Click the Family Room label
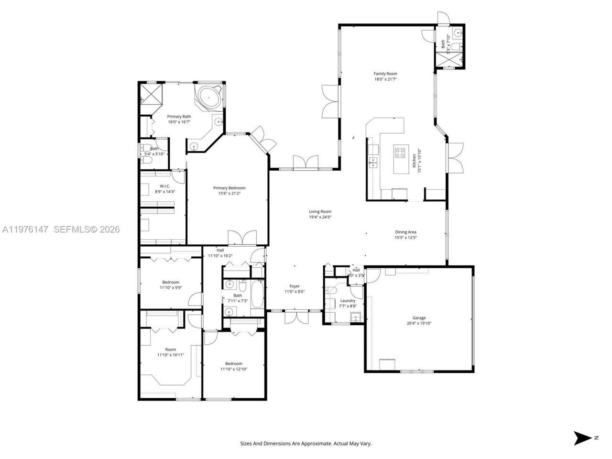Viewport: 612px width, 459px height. [x=385, y=74]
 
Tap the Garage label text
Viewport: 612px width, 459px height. [x=419, y=317]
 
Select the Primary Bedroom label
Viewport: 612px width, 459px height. [x=229, y=188]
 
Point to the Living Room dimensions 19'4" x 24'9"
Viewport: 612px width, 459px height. [x=320, y=217]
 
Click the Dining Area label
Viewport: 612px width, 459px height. [x=405, y=232]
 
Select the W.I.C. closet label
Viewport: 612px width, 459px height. [x=164, y=186]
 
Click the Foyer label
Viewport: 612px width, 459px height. [x=295, y=286]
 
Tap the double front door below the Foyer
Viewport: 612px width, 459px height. [x=295, y=317]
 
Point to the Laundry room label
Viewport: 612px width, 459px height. [x=348, y=301]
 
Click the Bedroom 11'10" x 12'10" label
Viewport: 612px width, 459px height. [x=234, y=363]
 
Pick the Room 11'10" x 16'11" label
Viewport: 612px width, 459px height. [x=170, y=350]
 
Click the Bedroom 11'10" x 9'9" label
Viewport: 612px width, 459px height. [x=170, y=282]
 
